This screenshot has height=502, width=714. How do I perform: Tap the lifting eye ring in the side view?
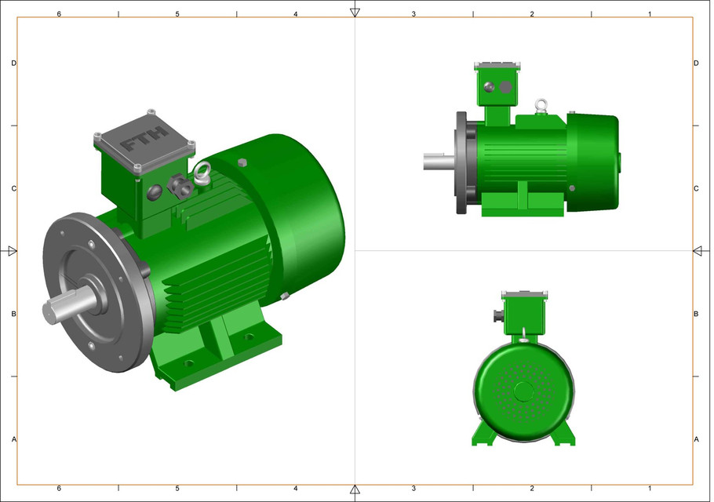click(541, 104)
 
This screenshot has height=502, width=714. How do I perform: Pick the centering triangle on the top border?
click(355, 12)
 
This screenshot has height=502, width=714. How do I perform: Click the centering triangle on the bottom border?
click(355, 490)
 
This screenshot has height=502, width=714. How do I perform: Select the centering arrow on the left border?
click(12, 251)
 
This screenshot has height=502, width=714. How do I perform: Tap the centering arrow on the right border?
click(698, 251)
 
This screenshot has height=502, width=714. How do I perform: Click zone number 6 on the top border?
click(59, 14)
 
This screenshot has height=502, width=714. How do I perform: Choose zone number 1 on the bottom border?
click(650, 488)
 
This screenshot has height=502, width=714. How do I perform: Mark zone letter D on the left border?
click(14, 63)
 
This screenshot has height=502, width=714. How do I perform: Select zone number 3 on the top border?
click(413, 14)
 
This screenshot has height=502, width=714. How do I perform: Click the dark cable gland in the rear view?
click(496, 317)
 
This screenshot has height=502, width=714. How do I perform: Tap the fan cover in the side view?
click(592, 162)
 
